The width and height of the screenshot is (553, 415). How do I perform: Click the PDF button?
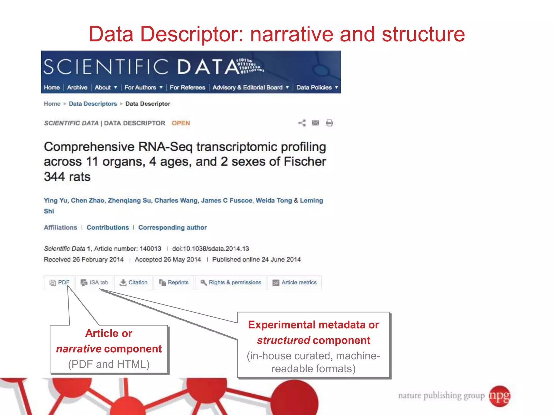pyautogui.click(x=60, y=283)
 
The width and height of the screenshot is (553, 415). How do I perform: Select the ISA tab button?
pyautogui.click(x=95, y=283)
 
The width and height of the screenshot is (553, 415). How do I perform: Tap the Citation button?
pyautogui.click(x=134, y=283)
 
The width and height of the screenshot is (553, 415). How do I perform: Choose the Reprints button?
pyautogui.click(x=174, y=283)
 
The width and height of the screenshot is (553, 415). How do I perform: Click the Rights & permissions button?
pyautogui.click(x=231, y=283)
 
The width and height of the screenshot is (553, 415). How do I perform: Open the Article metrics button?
pyautogui.click(x=295, y=283)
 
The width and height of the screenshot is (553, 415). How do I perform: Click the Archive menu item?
pyautogui.click(x=77, y=88)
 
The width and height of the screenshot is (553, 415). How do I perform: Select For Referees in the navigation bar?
pyautogui.click(x=187, y=88)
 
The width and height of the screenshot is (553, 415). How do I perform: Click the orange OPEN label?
pyautogui.click(x=181, y=123)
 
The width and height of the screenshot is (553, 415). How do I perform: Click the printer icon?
pyautogui.click(x=329, y=123)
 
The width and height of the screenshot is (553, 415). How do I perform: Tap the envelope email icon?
pyautogui.click(x=315, y=123)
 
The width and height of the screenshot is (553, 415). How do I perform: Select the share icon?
pyautogui.click(x=302, y=123)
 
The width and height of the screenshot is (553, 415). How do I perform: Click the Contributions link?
pyautogui.click(x=108, y=227)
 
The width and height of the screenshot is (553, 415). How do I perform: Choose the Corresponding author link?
pyautogui.click(x=173, y=227)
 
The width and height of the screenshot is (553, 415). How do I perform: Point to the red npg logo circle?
pyautogui.click(x=500, y=396)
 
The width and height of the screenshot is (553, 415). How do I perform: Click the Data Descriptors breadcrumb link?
pyautogui.click(x=93, y=104)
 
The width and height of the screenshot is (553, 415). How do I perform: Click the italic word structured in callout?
pyautogui.click(x=283, y=340)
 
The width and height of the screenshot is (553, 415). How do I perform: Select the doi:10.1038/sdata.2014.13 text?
pyautogui.click(x=211, y=249)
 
